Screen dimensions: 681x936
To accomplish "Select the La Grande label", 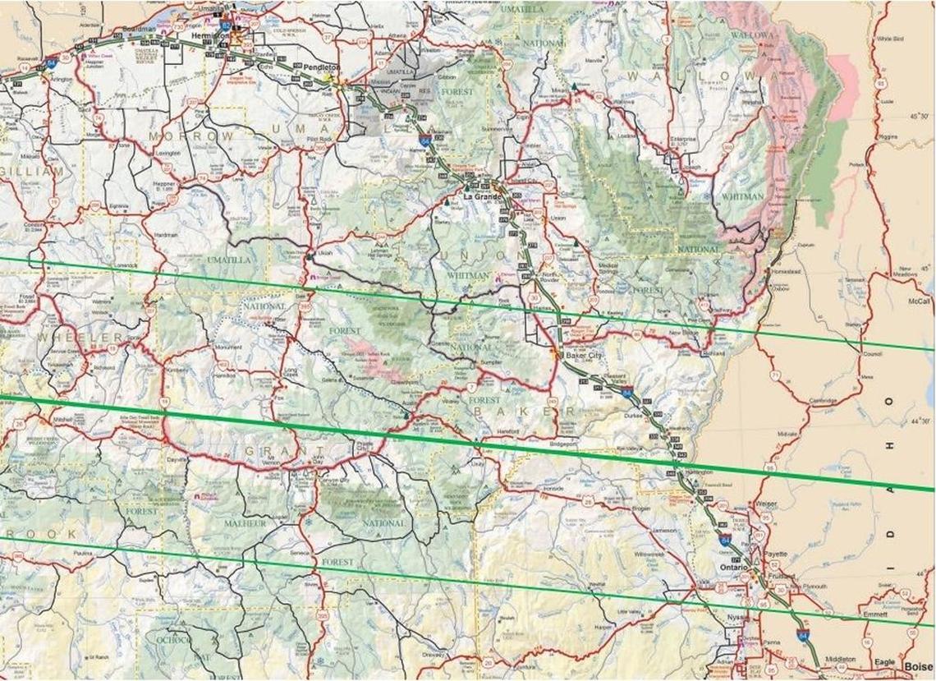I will [481, 197].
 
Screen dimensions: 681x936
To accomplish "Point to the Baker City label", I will [584, 356].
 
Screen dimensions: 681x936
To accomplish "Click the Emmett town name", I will [875, 614].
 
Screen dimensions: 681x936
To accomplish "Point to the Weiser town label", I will [766, 504].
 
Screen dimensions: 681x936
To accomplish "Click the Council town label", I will [871, 354].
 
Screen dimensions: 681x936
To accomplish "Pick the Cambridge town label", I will [823, 401].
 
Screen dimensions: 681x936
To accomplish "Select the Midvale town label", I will [787, 433].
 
